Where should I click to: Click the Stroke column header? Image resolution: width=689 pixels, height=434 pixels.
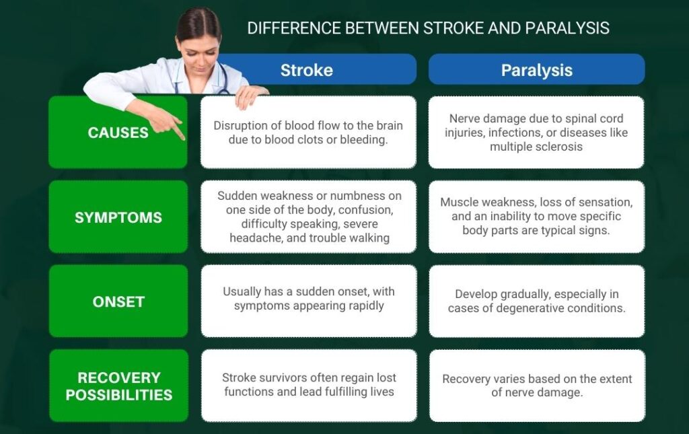(307, 70)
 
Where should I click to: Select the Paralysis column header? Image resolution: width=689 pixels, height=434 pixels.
(536, 70)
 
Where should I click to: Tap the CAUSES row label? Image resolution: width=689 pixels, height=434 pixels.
(118, 133)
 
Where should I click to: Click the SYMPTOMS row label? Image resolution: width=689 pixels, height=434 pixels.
(118, 217)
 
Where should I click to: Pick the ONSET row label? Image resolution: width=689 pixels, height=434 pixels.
(118, 301)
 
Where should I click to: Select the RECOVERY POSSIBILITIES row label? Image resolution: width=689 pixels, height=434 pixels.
(118, 386)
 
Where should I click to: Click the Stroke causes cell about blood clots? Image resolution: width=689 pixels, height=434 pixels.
(308, 133)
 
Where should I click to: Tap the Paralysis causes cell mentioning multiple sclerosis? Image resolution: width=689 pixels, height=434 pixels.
(536, 133)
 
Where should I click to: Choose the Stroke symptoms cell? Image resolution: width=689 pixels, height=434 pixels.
(308, 217)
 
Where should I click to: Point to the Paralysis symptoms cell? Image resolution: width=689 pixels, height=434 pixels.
(536, 217)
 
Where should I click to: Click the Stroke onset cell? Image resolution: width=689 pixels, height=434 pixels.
(308, 299)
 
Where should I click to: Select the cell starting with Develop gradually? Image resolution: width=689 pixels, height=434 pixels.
(536, 301)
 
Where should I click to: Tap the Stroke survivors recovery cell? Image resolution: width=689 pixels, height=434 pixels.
(308, 385)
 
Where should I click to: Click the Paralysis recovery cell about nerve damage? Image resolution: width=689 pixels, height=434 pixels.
(536, 385)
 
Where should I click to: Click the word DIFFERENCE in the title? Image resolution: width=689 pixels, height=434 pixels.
(290, 28)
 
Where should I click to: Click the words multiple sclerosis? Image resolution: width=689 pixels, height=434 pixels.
(536, 147)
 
